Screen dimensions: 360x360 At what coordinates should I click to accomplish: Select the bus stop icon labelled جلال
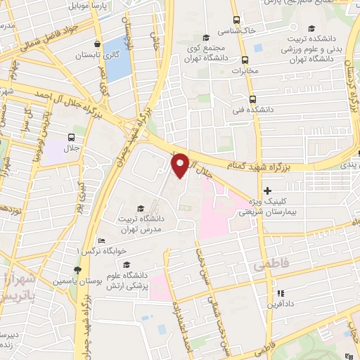[x=71, y=137]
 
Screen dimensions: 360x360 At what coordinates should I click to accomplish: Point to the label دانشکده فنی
[x=251, y=110]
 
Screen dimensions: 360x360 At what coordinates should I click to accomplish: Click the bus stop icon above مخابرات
[x=245, y=60]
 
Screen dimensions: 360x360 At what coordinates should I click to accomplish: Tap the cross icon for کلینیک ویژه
[x=267, y=191]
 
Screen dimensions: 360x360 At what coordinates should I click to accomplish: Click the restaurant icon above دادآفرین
[x=280, y=293]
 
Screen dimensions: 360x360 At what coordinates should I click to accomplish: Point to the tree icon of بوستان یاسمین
[x=77, y=270]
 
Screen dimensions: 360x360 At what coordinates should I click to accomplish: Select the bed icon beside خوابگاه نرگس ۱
[x=101, y=240]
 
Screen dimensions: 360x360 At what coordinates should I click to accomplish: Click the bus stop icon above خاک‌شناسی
[x=236, y=20]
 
